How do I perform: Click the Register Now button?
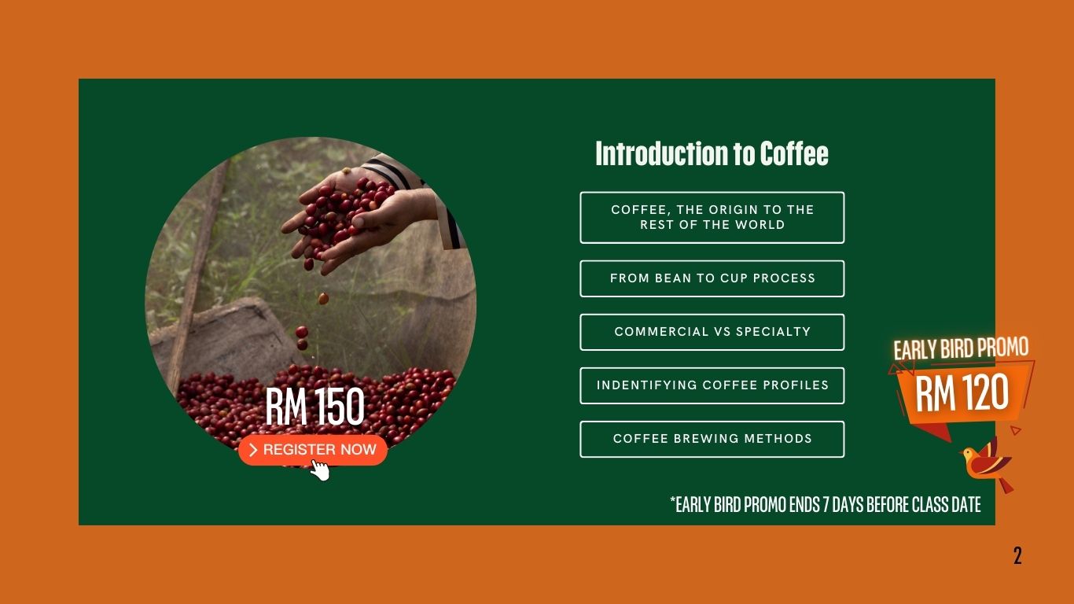click(313, 450)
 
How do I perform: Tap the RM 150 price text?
click(315, 407)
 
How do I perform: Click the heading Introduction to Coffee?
click(712, 153)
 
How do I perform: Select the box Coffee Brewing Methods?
click(712, 439)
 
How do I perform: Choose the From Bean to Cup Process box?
click(712, 278)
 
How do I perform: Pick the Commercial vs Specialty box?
click(712, 332)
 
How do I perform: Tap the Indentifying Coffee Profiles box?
click(712, 385)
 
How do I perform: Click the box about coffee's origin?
click(712, 217)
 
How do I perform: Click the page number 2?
click(1017, 555)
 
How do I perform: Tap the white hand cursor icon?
click(320, 470)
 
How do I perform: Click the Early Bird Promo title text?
click(961, 348)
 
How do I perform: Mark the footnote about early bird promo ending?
click(826, 504)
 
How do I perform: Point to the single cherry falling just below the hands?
click(323, 298)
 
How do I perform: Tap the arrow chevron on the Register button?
click(254, 450)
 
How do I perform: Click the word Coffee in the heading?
click(794, 153)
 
